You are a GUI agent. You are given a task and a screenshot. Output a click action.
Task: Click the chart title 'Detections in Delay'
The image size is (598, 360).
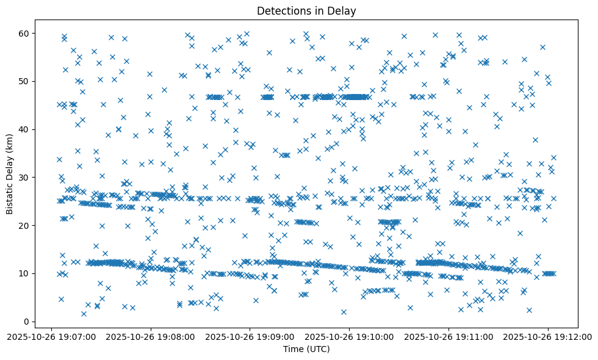306,10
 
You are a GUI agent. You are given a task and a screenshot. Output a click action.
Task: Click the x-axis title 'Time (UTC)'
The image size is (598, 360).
306,349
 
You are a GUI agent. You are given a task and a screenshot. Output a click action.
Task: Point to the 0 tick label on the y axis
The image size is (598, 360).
27,322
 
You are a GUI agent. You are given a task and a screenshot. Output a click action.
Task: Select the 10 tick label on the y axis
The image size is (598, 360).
25,273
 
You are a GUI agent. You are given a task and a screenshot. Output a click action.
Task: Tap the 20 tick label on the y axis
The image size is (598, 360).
25,225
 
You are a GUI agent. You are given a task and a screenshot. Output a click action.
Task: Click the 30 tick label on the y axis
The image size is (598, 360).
25,177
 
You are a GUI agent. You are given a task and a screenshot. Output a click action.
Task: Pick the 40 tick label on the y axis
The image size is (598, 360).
25,129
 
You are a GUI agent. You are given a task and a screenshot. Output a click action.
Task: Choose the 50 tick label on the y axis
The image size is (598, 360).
25,81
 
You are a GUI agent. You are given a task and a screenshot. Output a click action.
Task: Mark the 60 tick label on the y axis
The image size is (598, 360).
25,33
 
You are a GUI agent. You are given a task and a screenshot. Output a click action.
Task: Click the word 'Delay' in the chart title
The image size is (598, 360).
344,10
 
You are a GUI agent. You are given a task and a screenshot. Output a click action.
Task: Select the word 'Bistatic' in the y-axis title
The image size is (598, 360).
10,197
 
